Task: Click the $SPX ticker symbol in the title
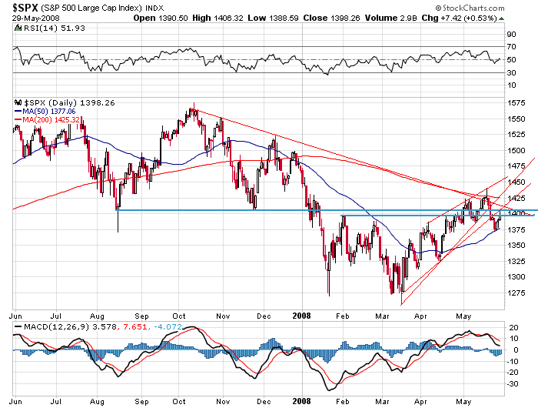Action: click(24, 8)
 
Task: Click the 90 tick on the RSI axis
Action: click(511, 34)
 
